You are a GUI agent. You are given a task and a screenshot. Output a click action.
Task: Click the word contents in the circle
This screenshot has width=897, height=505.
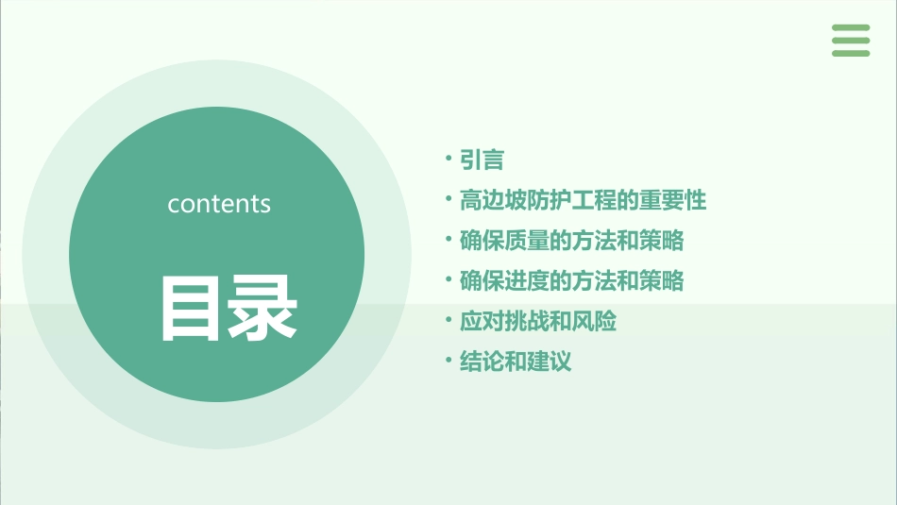pos(219,204)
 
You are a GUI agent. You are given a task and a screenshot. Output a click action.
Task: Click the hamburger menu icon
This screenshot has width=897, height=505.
pos(851,41)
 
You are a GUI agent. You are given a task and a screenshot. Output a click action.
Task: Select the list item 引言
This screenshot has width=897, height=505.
pos(482,160)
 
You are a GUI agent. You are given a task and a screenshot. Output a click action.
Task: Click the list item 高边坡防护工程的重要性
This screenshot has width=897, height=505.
pos(583,200)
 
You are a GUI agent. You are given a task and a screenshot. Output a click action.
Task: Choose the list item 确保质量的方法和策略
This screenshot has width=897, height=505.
pos(571,241)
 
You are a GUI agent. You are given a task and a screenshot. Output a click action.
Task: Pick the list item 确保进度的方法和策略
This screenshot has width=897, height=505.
pos(571,281)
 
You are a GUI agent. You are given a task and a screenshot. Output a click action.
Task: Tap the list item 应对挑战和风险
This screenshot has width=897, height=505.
pos(537,322)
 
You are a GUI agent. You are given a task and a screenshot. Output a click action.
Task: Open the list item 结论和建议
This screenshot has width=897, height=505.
pos(515,362)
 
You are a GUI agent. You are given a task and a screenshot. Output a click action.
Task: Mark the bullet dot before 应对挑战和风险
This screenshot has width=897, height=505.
pos(448,320)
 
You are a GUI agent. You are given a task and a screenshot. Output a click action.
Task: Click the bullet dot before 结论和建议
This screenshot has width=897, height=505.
pos(448,361)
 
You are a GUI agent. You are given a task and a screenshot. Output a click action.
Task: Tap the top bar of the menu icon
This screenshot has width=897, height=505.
pos(851,28)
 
